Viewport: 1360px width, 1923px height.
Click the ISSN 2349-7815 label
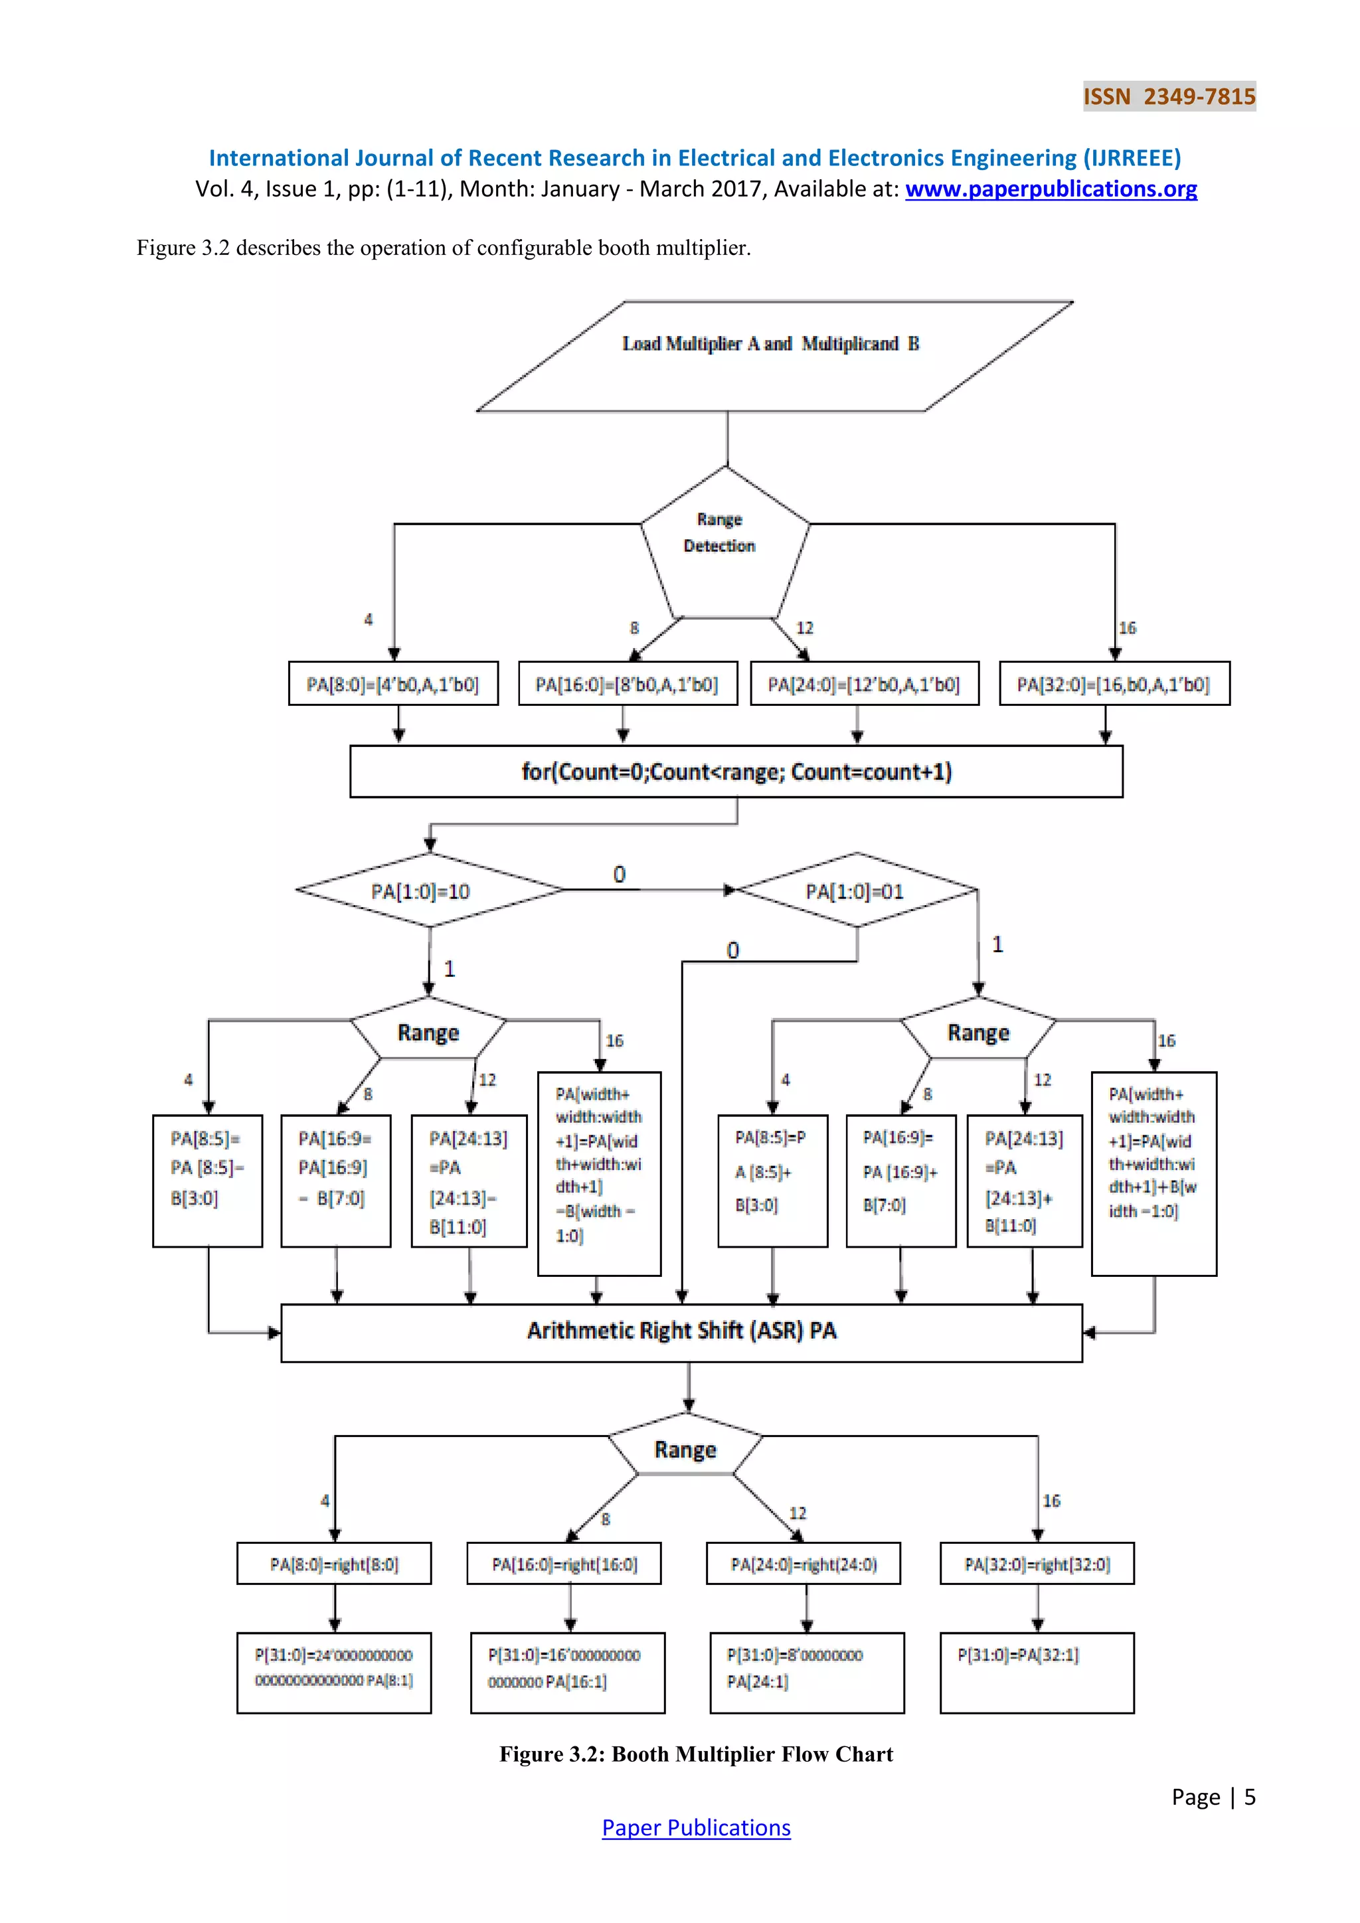pyautogui.click(x=1168, y=96)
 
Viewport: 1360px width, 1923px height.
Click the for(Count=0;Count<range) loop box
pyautogui.click(x=736, y=772)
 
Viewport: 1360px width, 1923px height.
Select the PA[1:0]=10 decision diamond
pyautogui.click(x=429, y=891)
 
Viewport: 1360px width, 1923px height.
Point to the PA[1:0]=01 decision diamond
pyautogui.click(x=856, y=891)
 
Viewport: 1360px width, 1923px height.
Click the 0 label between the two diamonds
pyautogui.click(x=619, y=875)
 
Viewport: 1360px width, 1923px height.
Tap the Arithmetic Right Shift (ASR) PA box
pyautogui.click(x=681, y=1333)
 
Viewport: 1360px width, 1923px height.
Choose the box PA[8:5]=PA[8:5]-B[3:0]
pyautogui.click(x=207, y=1180)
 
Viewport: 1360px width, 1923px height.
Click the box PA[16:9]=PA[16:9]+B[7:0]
pyautogui.click(x=900, y=1180)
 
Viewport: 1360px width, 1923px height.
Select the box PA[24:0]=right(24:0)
pyautogui.click(x=802, y=1564)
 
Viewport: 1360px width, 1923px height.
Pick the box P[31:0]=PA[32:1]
pyautogui.click(x=1036, y=1672)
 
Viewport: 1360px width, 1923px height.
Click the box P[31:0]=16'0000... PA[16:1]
pyautogui.click(x=567, y=1672)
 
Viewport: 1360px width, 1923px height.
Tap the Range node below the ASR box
pyautogui.click(x=685, y=1450)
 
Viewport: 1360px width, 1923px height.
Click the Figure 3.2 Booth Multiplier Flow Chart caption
pyautogui.click(x=696, y=1754)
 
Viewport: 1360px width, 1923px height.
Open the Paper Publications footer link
pyautogui.click(x=696, y=1827)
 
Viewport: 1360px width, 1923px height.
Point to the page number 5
pyautogui.click(x=1250, y=1798)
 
